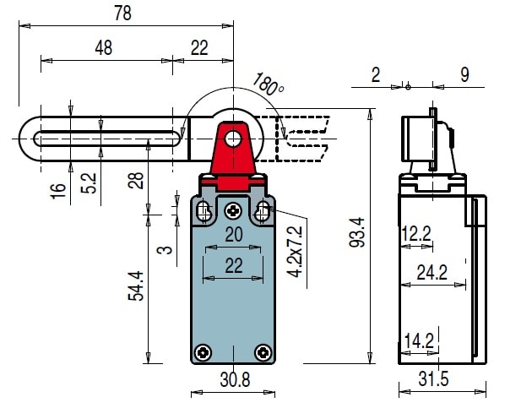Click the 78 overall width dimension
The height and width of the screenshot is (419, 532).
point(125,13)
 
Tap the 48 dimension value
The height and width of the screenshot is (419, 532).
point(103,48)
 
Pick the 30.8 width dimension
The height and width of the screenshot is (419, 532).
point(234,381)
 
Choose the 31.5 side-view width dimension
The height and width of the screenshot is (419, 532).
point(434,381)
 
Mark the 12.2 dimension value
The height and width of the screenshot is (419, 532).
point(415,234)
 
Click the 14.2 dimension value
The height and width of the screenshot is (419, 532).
point(418,340)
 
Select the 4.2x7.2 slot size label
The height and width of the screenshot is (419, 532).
point(294,251)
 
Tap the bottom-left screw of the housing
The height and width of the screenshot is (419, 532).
point(203,351)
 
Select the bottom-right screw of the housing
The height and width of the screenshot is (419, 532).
point(263,351)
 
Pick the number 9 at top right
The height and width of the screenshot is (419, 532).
point(464,75)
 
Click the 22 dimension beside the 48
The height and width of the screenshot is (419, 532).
point(199,48)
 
